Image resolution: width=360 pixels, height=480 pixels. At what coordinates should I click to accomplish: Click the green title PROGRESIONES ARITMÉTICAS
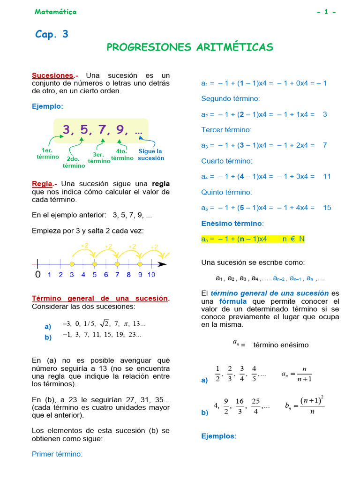(x=190, y=47)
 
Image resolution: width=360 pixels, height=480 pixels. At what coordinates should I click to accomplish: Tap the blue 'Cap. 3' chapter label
(x=52, y=34)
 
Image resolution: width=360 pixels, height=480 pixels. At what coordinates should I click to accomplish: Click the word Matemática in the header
(x=55, y=12)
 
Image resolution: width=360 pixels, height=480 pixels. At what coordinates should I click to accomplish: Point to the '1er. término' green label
(x=48, y=154)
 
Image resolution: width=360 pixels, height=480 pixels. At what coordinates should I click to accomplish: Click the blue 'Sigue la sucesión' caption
(x=150, y=155)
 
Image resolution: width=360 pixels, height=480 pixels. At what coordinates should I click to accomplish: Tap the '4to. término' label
(x=122, y=155)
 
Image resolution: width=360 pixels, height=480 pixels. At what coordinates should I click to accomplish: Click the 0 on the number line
(x=37, y=275)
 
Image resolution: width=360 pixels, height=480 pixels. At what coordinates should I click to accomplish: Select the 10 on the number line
(x=151, y=275)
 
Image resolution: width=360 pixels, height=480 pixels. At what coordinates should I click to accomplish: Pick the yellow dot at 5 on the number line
(x=95, y=264)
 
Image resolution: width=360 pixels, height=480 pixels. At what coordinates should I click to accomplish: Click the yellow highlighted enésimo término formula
(x=253, y=239)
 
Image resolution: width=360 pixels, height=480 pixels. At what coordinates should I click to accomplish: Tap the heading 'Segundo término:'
(x=230, y=98)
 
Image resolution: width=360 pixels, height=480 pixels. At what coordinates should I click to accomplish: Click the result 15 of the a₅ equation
(x=327, y=208)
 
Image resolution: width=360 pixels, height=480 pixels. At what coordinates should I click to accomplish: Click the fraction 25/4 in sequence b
(x=255, y=406)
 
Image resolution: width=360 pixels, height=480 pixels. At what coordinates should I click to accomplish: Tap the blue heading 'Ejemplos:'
(x=219, y=436)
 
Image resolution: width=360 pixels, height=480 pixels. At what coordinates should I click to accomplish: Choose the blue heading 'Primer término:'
(x=57, y=454)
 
